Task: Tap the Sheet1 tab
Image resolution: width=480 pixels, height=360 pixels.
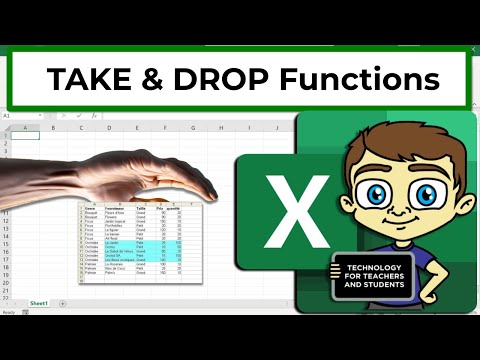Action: click(x=39, y=301)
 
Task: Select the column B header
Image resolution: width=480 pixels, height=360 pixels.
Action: click(x=52, y=128)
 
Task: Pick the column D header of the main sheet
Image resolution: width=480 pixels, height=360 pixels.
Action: click(x=110, y=128)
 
